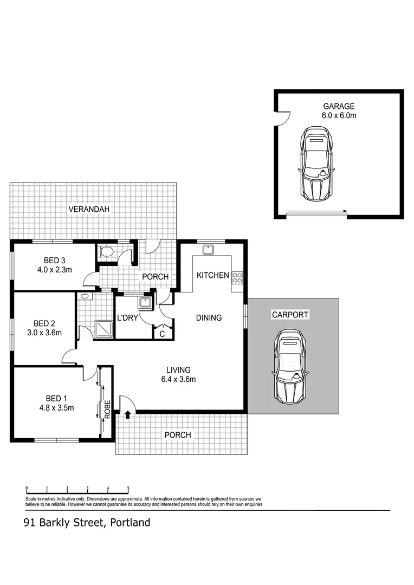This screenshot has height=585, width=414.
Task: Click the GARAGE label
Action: pos(339,106)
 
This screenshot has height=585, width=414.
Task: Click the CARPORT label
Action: pos(290,315)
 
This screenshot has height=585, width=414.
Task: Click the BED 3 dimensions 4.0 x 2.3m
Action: pos(55,269)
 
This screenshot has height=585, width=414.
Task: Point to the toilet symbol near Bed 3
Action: pos(107,251)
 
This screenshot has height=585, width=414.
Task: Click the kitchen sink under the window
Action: pos(208,249)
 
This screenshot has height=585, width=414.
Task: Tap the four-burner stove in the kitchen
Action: pos(237,278)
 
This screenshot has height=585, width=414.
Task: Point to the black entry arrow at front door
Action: pos(127,415)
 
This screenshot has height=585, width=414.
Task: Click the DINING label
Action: pos(209,318)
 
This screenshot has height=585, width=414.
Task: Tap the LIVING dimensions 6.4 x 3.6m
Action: pos(178,379)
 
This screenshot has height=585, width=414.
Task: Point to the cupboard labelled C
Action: pos(162,334)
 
